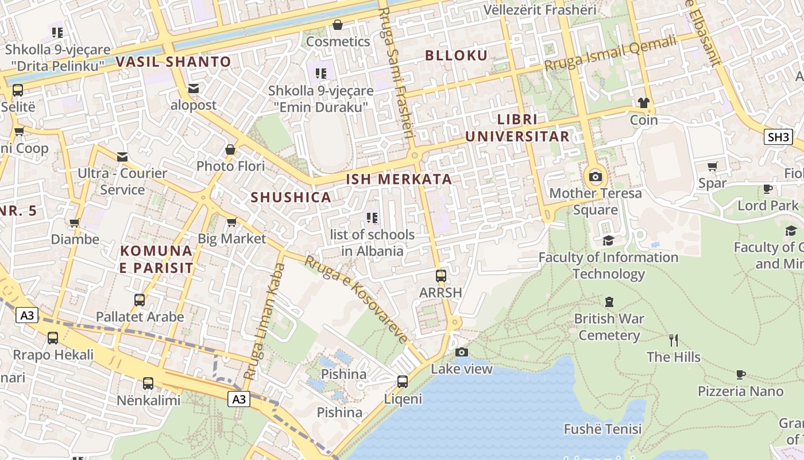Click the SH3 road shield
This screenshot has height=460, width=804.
[x=778, y=137]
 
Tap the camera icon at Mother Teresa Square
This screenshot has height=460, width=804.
[x=596, y=177]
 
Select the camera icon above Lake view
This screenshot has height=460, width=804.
[x=462, y=352]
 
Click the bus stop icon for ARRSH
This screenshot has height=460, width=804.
[x=440, y=275]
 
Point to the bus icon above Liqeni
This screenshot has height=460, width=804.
[x=403, y=381]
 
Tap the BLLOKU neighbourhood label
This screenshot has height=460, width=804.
[x=456, y=56]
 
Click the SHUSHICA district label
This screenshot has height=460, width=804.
[x=291, y=197]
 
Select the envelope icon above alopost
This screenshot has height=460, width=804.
[x=194, y=89]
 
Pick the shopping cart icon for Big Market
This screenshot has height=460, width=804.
[x=232, y=222]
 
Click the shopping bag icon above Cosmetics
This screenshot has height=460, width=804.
[x=338, y=25]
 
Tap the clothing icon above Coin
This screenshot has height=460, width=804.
[x=643, y=103]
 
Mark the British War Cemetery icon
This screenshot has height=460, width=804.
[x=609, y=301]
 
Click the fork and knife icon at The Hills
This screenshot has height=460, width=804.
[x=674, y=340]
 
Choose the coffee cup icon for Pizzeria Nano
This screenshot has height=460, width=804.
[x=741, y=374]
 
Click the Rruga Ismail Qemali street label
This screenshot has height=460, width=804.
[x=610, y=54]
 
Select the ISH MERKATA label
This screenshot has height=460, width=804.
[x=399, y=179]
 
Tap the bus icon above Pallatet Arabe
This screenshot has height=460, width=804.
[x=140, y=300]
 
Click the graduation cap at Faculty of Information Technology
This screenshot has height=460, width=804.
[x=608, y=240]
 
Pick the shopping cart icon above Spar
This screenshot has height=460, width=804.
[x=713, y=167]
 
